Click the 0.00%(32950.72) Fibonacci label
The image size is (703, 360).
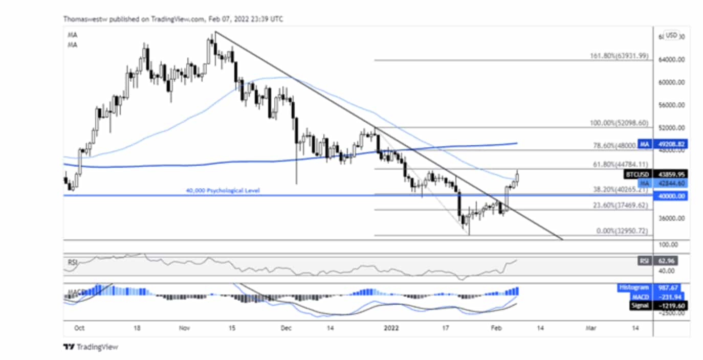pyautogui.click(x=622, y=231)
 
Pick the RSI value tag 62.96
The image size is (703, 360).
pyautogui.click(x=663, y=261)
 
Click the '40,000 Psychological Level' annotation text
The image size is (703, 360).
pyautogui.click(x=223, y=191)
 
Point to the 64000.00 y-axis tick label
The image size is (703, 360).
pyautogui.click(x=670, y=60)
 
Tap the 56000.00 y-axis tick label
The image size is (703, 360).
pyautogui.click(x=670, y=105)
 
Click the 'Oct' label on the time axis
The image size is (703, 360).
pyautogui.click(x=79, y=328)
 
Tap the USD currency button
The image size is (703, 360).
pyautogui.click(x=671, y=35)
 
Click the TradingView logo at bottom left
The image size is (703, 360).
pyautogui.click(x=91, y=347)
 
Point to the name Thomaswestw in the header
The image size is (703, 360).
pyautogui.click(x=82, y=19)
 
